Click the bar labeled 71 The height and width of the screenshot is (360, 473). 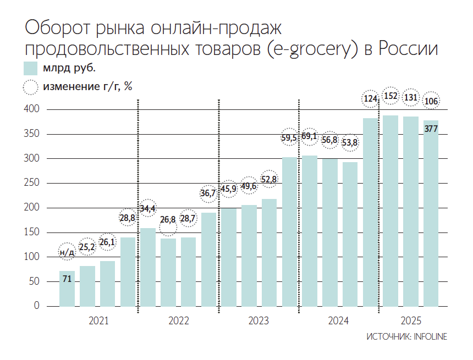pyautogui.click(x=67, y=289)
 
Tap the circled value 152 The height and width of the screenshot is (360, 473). pyautogui.click(x=391, y=96)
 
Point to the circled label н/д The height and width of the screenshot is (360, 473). pyautogui.click(x=67, y=252)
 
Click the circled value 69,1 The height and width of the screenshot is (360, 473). pyautogui.click(x=310, y=136)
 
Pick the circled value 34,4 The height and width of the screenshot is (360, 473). pyautogui.click(x=147, y=209)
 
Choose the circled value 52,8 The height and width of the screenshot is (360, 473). pyautogui.click(x=269, y=179)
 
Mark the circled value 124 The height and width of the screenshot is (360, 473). pyautogui.click(x=370, y=99)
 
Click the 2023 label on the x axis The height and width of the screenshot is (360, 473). pyautogui.click(x=258, y=320)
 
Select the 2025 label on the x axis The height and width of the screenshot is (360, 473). pyautogui.click(x=411, y=320)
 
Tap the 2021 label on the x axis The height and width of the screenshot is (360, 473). pyautogui.click(x=98, y=320)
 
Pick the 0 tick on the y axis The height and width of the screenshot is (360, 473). pyautogui.click(x=37, y=306)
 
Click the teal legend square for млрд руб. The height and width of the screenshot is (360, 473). pyautogui.click(x=30, y=69)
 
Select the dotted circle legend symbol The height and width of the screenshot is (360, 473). pyautogui.click(x=30, y=86)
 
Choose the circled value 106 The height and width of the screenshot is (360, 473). pyautogui.click(x=431, y=101)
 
